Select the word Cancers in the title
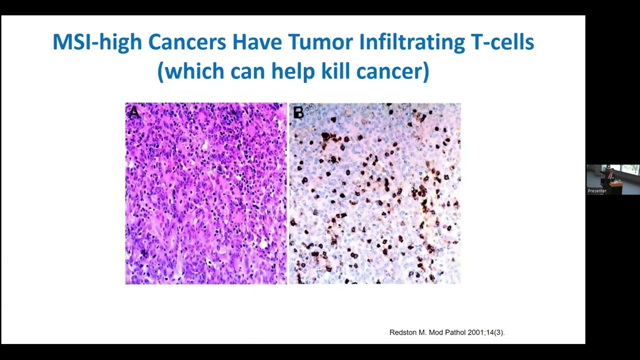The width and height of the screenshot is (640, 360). pos(187,42)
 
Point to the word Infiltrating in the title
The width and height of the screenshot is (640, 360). pos(411,42)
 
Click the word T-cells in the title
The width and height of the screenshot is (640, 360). pos(502,42)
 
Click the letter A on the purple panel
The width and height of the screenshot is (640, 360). pos(133,113)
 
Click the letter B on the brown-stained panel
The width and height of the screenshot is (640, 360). pos(298,113)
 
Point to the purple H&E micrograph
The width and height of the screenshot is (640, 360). pos(205,200)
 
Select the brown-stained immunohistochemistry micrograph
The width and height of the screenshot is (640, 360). pos(375,200)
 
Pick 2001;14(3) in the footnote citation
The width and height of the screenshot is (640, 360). pos(484,332)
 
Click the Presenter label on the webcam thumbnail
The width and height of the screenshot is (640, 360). pos(597,191)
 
